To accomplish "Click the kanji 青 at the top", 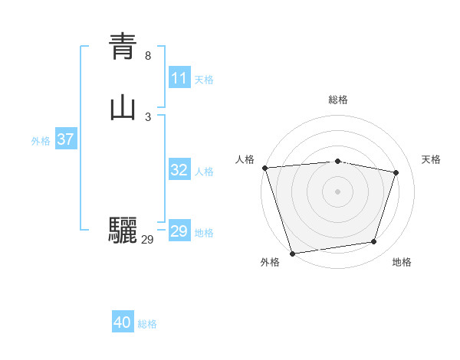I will point(123,46).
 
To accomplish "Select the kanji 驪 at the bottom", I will point(123,230).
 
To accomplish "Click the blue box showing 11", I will point(179,78).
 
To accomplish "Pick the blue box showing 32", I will point(179,170).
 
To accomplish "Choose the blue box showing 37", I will point(65,139).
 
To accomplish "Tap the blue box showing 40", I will point(123,322).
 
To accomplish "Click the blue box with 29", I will point(179,231).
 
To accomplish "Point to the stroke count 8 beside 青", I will point(148,56).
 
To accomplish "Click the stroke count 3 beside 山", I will point(148,117).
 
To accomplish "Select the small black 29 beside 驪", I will point(147,240).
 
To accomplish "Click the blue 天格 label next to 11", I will point(204,80).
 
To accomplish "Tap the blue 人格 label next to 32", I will point(204,172).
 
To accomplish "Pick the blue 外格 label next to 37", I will point(41,141).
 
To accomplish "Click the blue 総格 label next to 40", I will point(147,324).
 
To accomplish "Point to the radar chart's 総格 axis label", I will point(338,100).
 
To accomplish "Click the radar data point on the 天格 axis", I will point(396,172).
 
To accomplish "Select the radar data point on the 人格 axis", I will point(264,168).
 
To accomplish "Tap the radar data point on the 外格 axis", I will point(292,253).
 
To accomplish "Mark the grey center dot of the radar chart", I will point(338,191).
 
